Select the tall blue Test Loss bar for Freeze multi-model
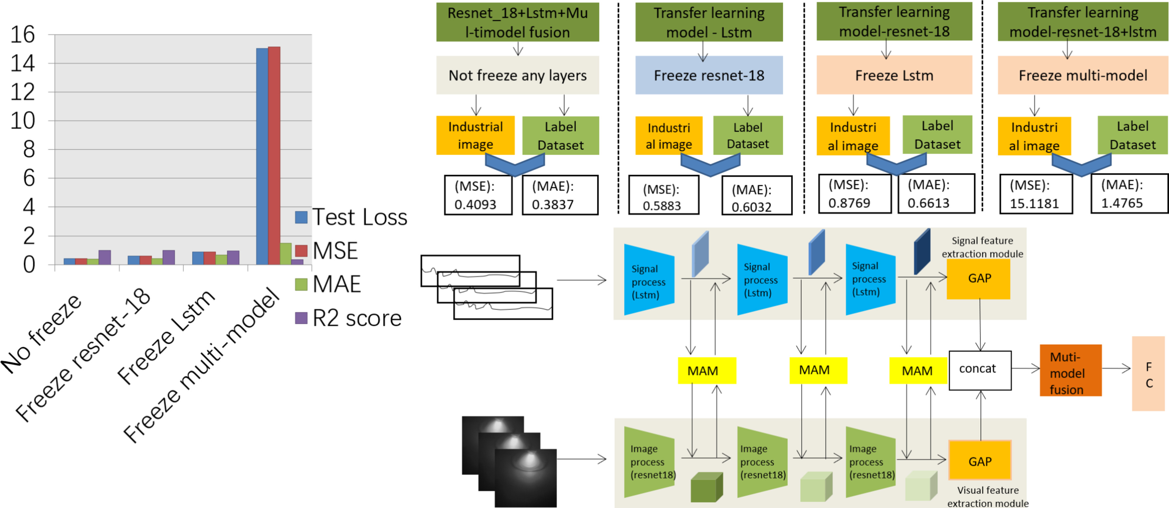(x=262, y=156)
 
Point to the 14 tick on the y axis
(x=23, y=63)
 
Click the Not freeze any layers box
(x=517, y=75)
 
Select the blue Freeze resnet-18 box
(x=709, y=75)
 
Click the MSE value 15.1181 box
(x=1036, y=194)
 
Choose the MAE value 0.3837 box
(x=560, y=195)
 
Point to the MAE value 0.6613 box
(x=936, y=194)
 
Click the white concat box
(x=980, y=370)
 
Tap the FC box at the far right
(x=1148, y=374)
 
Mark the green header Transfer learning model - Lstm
(x=709, y=22)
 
